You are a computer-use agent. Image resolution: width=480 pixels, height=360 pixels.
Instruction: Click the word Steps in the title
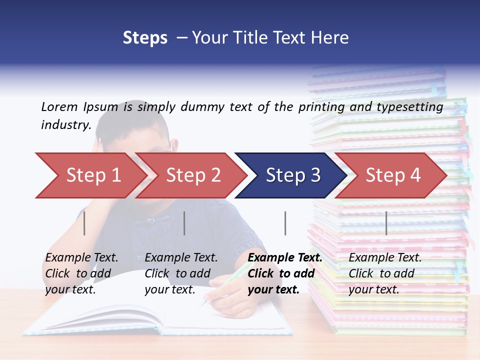(x=145, y=38)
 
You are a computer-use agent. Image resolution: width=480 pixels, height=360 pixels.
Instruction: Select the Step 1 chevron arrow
(x=90, y=175)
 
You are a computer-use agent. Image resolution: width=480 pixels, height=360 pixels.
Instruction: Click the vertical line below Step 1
(x=84, y=223)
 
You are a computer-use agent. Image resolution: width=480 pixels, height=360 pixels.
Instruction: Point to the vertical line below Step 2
(x=184, y=223)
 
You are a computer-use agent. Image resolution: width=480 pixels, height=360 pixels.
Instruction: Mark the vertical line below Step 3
(x=285, y=223)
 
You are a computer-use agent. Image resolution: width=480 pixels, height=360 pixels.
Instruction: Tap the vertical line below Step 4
(x=386, y=223)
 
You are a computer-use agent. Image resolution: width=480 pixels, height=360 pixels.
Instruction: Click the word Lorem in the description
(x=59, y=106)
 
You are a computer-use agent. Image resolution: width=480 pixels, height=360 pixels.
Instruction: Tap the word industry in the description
(x=65, y=124)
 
